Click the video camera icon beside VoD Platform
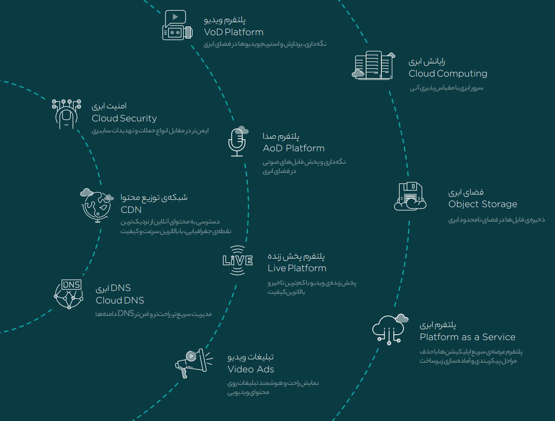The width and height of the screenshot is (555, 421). coord(177,26)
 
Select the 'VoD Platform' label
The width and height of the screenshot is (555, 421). coord(234,32)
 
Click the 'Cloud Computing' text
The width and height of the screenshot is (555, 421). coord(448,74)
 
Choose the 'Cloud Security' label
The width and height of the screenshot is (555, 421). coord(124,118)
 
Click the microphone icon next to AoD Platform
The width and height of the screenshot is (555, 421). coord(237,142)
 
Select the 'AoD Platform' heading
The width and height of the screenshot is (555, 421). coord(293,148)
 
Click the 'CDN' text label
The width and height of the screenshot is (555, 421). coord(131,210)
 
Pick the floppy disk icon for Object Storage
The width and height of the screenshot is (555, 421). coord(410,197)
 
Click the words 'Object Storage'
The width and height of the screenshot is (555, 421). coord(482,204)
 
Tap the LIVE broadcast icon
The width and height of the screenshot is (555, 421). coord(238,261)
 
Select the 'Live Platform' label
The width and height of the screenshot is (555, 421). coord(297,268)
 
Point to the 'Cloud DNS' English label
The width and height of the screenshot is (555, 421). coord(120,301)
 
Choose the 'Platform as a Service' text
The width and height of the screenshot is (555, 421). coord(467,337)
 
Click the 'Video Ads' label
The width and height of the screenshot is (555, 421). coord(251,369)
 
